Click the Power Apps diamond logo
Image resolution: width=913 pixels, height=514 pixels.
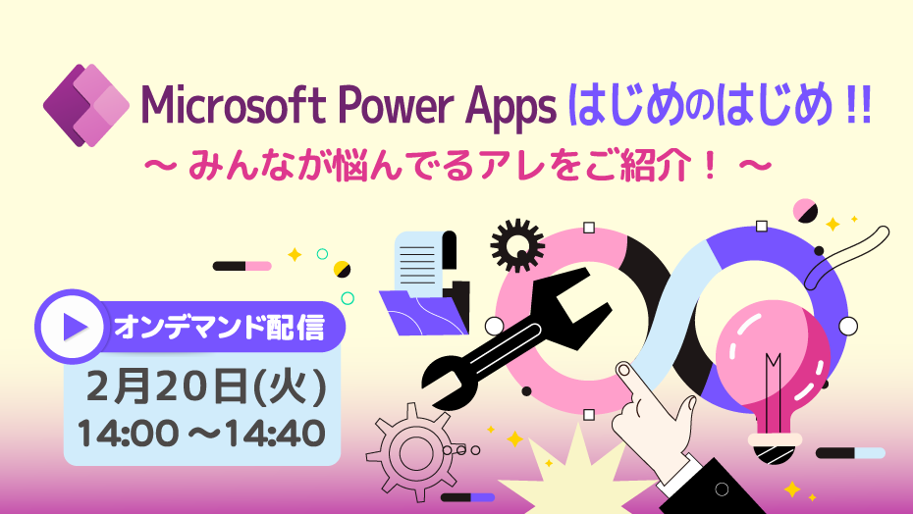click(x=86, y=105)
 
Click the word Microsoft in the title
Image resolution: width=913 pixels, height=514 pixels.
click(x=233, y=105)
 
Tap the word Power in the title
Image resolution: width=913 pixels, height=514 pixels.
click(x=396, y=106)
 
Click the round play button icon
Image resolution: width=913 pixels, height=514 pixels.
click(x=73, y=327)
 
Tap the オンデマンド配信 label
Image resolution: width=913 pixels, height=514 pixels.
click(x=219, y=328)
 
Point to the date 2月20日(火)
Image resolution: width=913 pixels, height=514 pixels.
click(x=206, y=386)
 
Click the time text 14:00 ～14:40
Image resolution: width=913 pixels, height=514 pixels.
click(x=201, y=434)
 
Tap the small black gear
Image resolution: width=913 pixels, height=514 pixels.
click(x=517, y=245)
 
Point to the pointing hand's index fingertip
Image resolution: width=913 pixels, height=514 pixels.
click(x=623, y=369)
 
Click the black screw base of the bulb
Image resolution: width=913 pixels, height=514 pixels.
click(x=774, y=454)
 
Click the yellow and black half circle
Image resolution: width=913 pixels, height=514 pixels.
click(x=342, y=270)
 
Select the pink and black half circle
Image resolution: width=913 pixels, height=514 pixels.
click(x=805, y=211)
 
